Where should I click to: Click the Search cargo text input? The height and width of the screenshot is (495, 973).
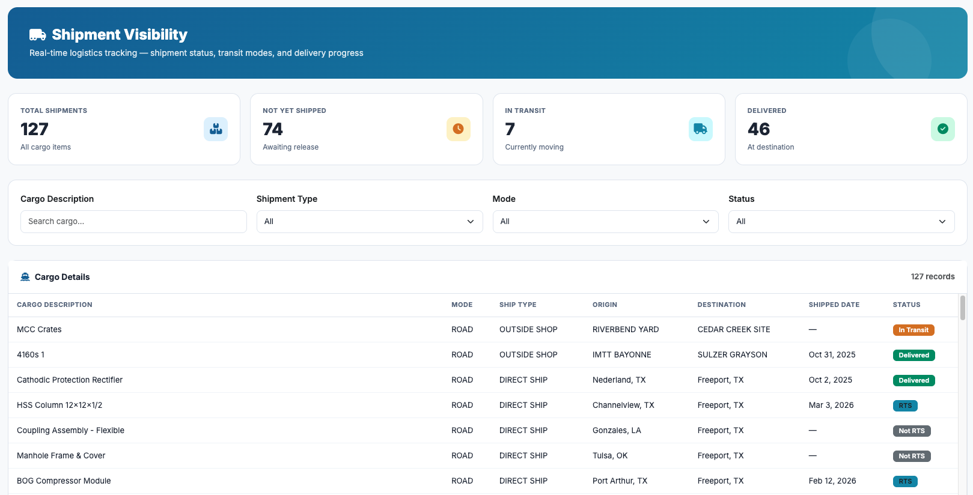pos(133,222)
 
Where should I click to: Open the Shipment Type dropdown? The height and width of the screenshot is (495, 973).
pos(369,222)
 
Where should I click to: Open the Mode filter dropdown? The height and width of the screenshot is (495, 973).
pos(605,222)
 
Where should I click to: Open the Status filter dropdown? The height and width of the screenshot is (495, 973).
pos(841,222)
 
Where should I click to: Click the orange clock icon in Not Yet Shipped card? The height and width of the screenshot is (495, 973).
pos(458,129)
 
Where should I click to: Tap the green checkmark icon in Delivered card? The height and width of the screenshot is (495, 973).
pos(942,129)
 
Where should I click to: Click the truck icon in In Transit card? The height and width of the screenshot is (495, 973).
pos(700,129)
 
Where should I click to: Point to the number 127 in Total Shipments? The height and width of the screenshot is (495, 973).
pos(34,129)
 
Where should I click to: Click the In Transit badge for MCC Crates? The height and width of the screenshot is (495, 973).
pos(913,330)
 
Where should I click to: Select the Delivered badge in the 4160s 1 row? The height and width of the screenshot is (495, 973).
pos(914,355)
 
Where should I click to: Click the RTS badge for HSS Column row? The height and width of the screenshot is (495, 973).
pos(905,405)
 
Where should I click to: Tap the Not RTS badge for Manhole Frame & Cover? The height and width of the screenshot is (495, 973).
pos(911,456)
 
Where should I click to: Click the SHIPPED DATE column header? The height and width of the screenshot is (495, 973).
pos(834,305)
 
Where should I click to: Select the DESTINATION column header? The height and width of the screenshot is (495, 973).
pos(721,305)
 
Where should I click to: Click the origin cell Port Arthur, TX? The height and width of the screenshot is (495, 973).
pos(620,481)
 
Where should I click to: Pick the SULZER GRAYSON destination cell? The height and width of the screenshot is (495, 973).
pos(732,354)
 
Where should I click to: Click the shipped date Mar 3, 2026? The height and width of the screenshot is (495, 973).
pos(831,405)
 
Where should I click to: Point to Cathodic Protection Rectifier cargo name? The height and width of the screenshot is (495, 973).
pos(70,380)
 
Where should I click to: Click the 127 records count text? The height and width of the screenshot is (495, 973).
pos(932,276)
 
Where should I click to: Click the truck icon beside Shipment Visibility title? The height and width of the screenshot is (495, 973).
pos(37,35)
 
